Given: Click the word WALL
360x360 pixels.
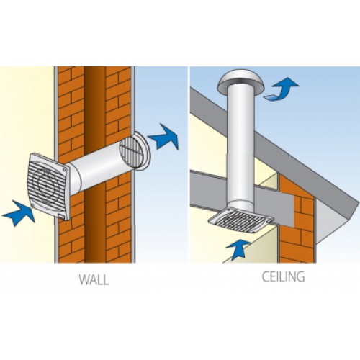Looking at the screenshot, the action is tap(94, 279).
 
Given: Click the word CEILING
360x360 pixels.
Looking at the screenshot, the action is tap(283, 276).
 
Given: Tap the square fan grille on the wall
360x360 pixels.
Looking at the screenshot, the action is tap(49, 186).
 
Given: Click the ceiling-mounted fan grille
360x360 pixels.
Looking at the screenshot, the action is tap(241, 220).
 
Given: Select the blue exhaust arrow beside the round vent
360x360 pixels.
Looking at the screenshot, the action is tap(164, 137).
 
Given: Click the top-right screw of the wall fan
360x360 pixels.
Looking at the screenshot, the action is tap(64, 169).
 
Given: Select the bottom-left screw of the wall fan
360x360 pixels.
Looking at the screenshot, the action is tap(32, 205).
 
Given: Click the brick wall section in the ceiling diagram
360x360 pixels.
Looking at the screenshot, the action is tap(297, 221).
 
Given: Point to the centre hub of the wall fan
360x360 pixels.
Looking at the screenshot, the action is tap(45, 186).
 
